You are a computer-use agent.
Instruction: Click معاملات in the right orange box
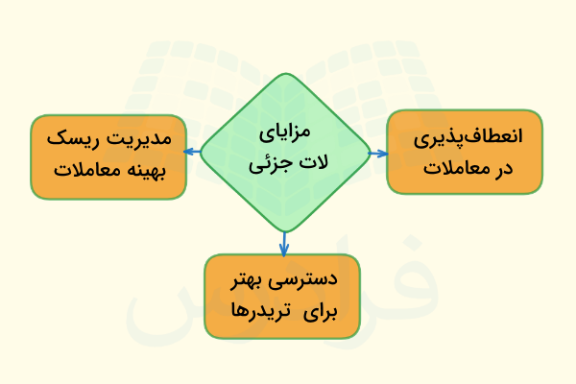pyautogui.click(x=450, y=169)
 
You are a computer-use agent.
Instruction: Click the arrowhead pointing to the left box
pyautogui.click(x=190, y=152)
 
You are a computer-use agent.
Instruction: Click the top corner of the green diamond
pyautogui.click(x=285, y=74)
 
